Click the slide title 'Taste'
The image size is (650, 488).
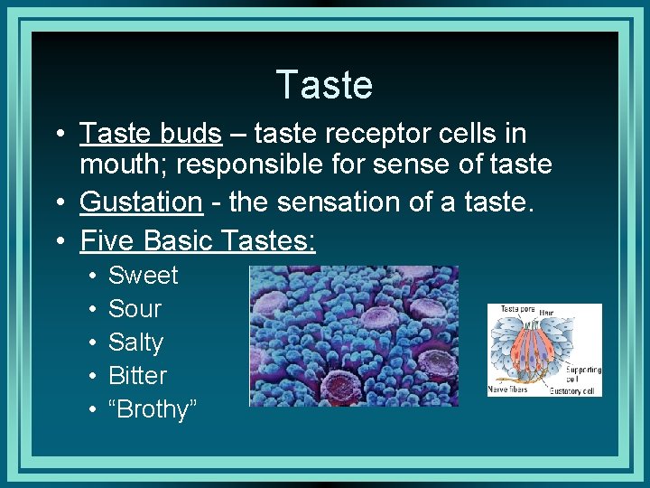point(324,85)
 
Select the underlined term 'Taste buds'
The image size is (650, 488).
point(151,134)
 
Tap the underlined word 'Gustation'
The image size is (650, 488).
point(141,202)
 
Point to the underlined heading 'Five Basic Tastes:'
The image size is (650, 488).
point(198,240)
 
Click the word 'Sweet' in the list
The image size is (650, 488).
point(143,276)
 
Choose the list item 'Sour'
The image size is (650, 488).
point(135,309)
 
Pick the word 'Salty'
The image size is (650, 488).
point(135,343)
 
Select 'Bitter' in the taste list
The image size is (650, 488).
point(137,376)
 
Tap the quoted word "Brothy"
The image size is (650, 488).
point(152,409)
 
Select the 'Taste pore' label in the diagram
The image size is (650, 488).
point(512,309)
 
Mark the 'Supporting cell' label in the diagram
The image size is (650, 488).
point(583,373)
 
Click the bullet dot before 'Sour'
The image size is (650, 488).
point(91,310)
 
